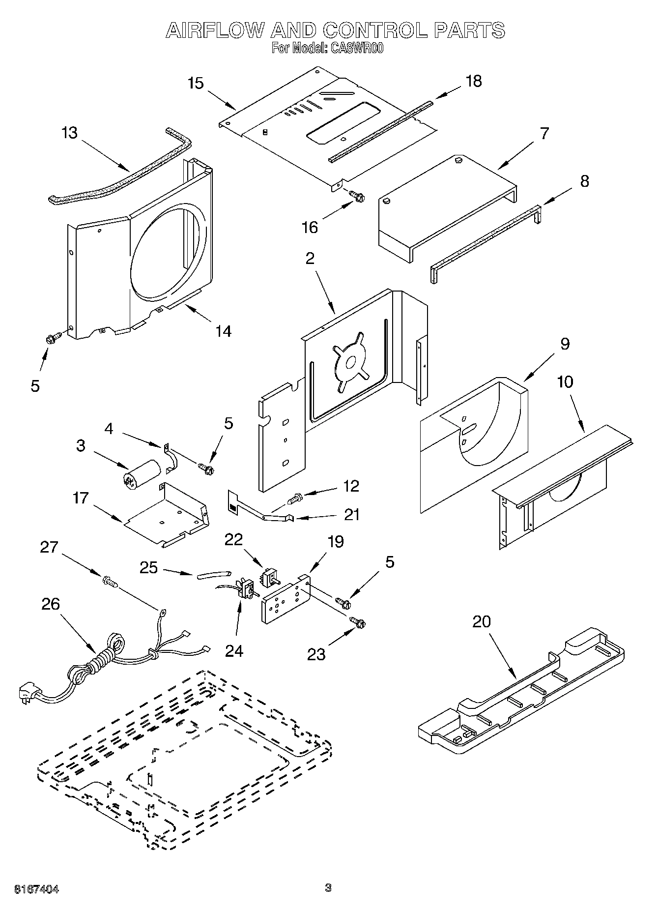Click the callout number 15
click(x=196, y=83)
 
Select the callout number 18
click(x=474, y=81)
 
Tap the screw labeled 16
click(x=357, y=196)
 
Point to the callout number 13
click(x=70, y=133)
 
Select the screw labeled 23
click(x=358, y=622)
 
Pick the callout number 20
click(x=482, y=621)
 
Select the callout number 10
click(x=565, y=381)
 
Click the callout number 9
click(x=565, y=344)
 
